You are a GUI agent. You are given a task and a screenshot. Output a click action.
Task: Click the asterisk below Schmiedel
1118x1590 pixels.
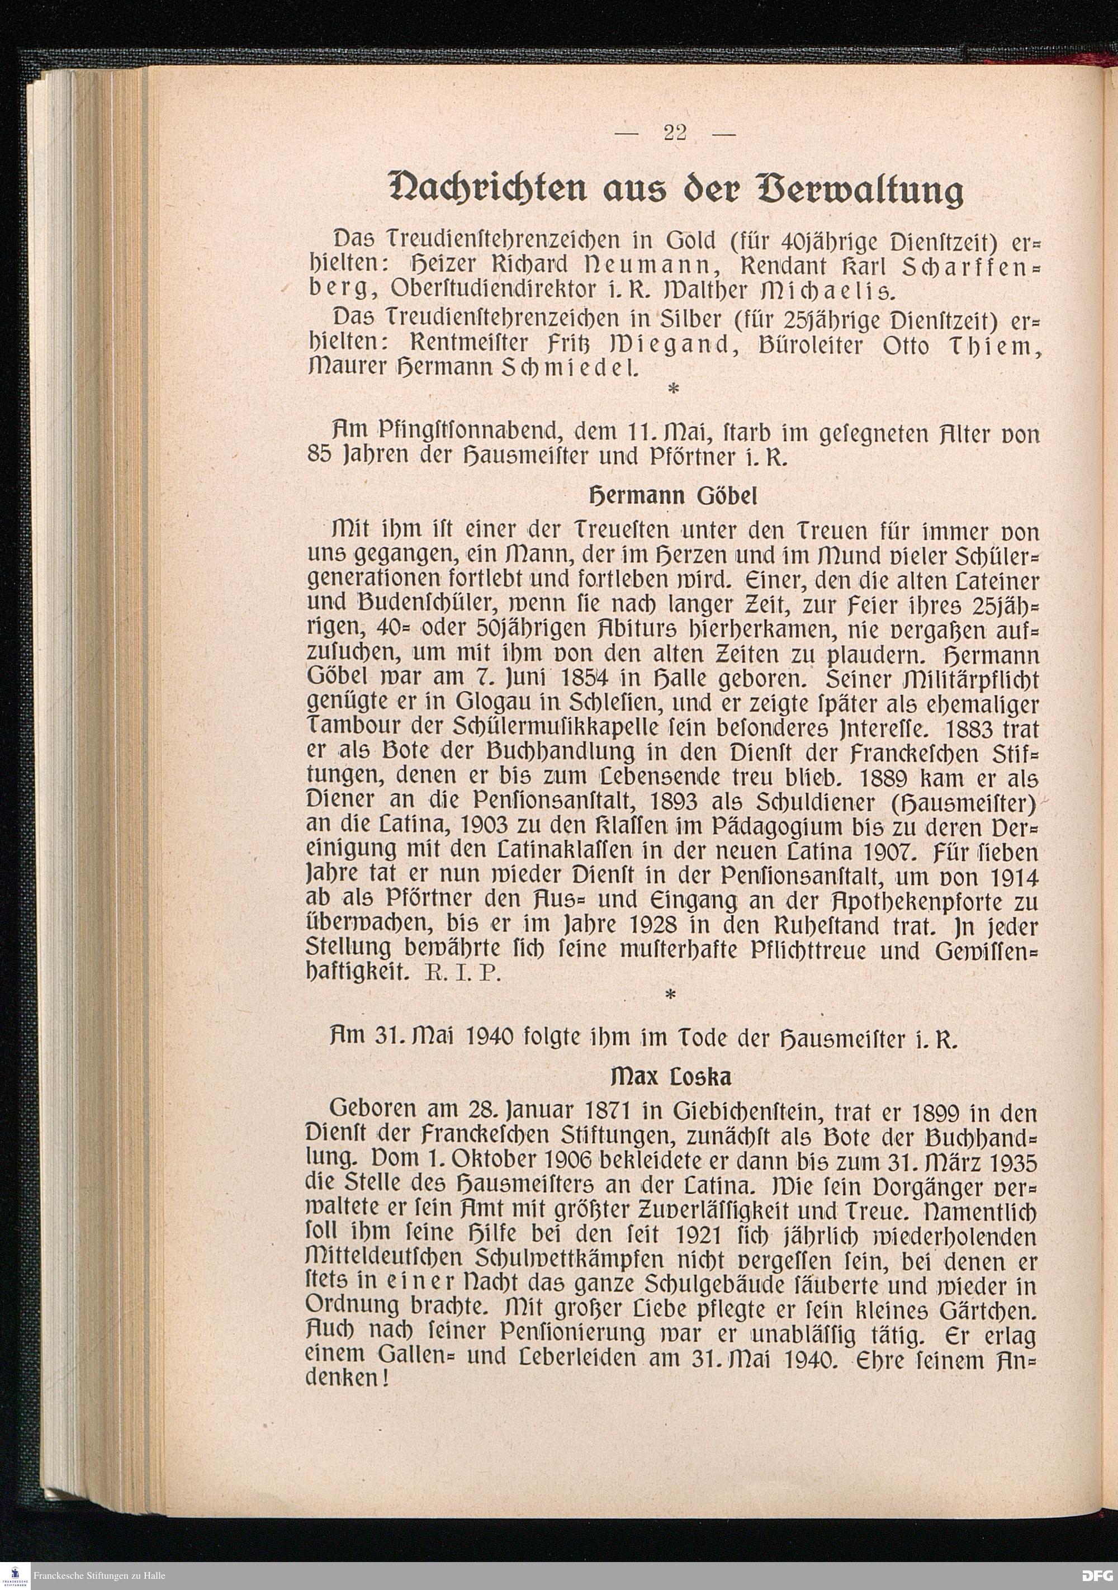670,391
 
